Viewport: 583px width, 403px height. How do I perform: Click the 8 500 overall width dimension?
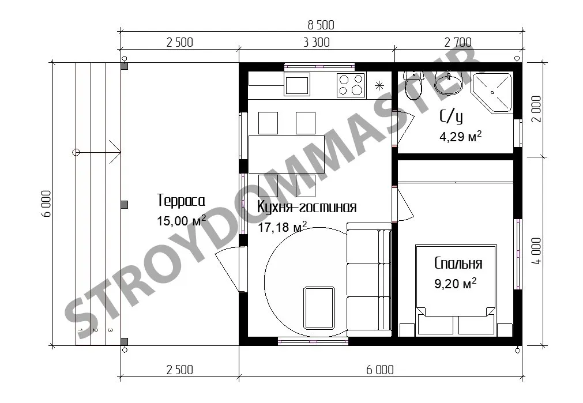321,25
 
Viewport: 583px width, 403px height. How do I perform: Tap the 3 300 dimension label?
317,43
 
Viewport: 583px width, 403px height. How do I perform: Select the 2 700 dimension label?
458,43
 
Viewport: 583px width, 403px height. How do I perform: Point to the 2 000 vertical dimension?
536,110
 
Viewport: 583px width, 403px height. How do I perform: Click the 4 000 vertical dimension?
536,251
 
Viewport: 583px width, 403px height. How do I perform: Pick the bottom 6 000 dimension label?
380,370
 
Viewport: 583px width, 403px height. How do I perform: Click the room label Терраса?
181,201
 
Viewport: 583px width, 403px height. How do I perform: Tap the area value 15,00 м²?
182,220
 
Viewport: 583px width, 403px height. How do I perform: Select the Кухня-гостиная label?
307,207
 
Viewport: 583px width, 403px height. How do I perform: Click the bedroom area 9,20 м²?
456,284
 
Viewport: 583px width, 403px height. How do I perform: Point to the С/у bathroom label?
452,116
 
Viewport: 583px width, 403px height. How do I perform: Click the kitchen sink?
297,84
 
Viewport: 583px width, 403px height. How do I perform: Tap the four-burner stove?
351,85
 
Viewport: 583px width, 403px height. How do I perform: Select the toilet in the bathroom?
413,85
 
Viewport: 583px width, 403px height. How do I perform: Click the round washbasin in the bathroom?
449,81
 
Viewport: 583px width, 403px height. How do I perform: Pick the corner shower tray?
492,93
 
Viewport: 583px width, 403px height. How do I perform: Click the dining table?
286,155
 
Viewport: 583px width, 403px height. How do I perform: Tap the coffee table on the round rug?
319,308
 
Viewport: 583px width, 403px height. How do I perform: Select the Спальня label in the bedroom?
458,263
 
